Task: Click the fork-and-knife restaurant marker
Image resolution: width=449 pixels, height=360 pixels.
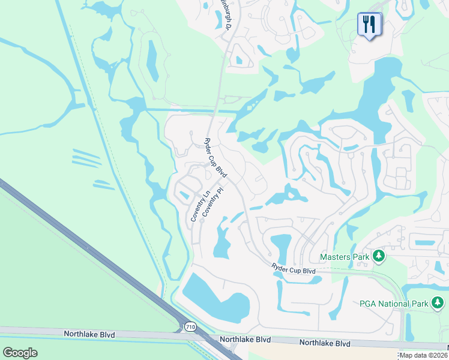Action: point(369,25)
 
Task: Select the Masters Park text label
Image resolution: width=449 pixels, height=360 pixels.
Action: point(345,257)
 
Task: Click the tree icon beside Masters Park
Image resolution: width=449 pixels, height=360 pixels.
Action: point(378,257)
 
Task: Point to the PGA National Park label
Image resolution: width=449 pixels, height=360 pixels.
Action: point(393,304)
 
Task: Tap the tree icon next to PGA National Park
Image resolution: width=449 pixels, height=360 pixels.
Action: point(437,304)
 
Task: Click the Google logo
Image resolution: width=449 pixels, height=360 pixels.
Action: point(20,352)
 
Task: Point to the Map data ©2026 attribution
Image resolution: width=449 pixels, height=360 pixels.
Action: point(423,355)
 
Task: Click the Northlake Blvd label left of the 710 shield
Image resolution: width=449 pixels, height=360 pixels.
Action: point(89,334)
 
